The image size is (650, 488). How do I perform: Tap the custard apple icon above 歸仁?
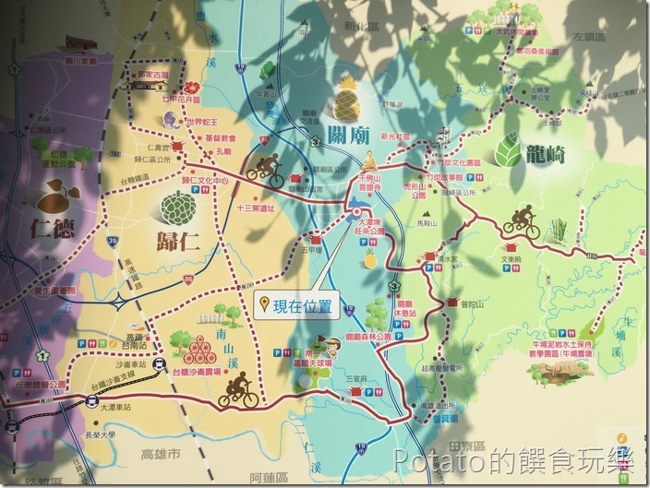click(x=177, y=208)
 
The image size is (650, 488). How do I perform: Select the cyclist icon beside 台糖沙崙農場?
click(x=237, y=393)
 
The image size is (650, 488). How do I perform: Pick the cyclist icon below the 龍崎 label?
click(x=522, y=222)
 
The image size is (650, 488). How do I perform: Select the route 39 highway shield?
click(x=111, y=241)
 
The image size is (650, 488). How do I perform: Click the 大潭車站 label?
click(x=115, y=406)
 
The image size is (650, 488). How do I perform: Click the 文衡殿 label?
click(x=514, y=259)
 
